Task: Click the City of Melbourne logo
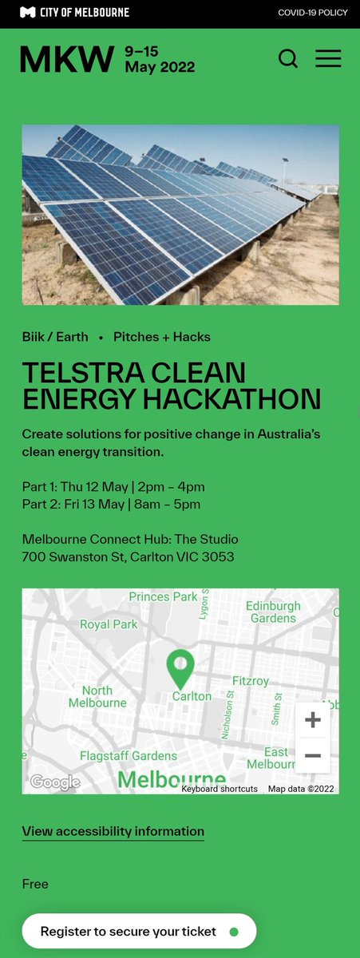pyautogui.click(x=74, y=13)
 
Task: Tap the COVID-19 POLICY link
pyautogui.click(x=313, y=13)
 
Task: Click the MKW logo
pyautogui.click(x=67, y=59)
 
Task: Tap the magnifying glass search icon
pyautogui.click(x=288, y=58)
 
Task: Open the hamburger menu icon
pyautogui.click(x=328, y=58)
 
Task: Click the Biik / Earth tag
pyautogui.click(x=55, y=337)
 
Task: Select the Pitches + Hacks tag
pyautogui.click(x=162, y=337)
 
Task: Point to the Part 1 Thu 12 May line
pyautogui.click(x=113, y=487)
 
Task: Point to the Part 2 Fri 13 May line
pyautogui.click(x=111, y=505)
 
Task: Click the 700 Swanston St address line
pyautogui.click(x=128, y=557)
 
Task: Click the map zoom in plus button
pyautogui.click(x=313, y=720)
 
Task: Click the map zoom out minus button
pyautogui.click(x=313, y=755)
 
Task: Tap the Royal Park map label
pyautogui.click(x=109, y=625)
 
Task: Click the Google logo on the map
pyautogui.click(x=55, y=782)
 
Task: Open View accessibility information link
pyautogui.click(x=113, y=831)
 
